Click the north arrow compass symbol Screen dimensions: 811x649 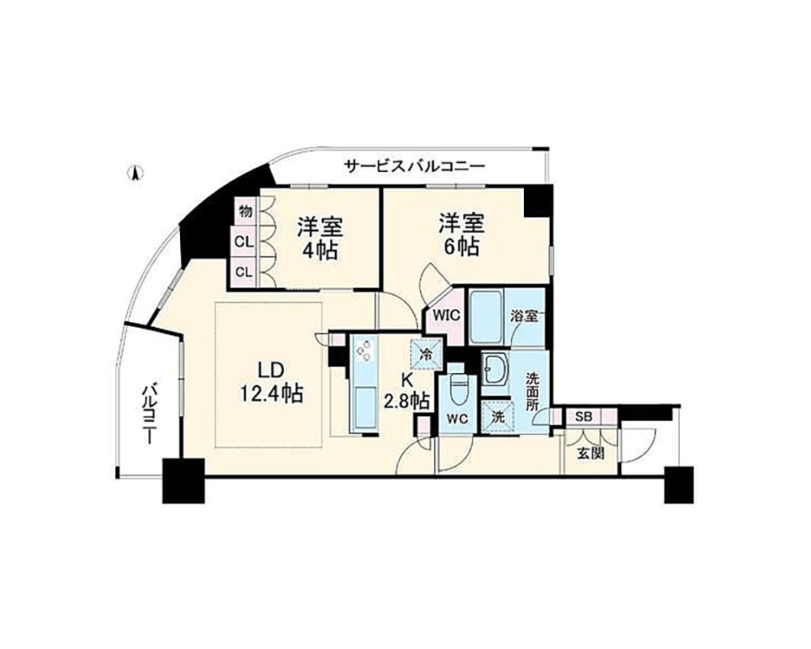coord(135,173)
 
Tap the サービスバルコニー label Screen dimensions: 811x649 coord(414,166)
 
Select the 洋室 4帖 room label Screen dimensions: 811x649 coord(319,239)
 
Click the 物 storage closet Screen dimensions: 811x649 coord(246,211)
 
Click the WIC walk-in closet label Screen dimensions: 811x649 coord(446,315)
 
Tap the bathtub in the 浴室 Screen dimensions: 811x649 coord(487,316)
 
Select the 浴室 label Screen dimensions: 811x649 coord(523,316)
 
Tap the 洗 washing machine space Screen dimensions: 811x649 coord(498,417)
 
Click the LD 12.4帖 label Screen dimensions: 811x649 coord(271,382)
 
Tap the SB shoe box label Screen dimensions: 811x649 coord(583,416)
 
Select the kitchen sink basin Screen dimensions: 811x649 coord(365,409)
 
